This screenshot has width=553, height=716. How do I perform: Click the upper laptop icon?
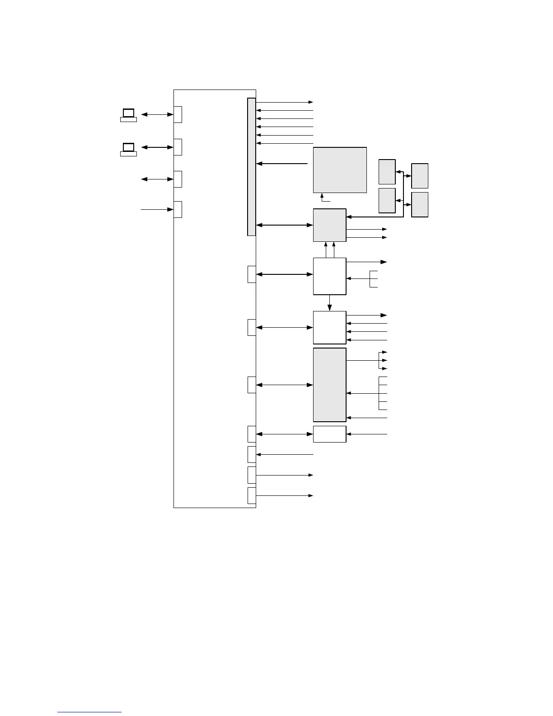[x=129, y=115]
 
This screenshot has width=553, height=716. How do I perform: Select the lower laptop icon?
[x=129, y=149]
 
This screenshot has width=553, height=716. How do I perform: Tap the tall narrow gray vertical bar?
[x=252, y=167]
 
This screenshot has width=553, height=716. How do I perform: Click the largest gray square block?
[x=340, y=170]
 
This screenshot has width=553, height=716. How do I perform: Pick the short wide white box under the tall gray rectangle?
[x=330, y=434]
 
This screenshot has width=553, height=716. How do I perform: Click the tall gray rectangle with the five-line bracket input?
[x=330, y=385]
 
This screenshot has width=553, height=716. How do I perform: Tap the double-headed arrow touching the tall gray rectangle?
[x=285, y=385]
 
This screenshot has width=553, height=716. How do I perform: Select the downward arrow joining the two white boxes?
[x=330, y=303]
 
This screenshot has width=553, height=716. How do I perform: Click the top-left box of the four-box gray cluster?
[x=387, y=172]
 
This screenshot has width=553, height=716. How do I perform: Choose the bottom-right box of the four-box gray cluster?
[x=420, y=205]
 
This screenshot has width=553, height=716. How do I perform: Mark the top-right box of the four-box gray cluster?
[x=420, y=176]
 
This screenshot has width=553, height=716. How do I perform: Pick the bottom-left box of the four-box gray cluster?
[x=387, y=201]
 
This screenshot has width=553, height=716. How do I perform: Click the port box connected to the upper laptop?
[x=178, y=114]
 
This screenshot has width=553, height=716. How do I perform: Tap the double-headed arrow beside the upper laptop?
[x=157, y=115]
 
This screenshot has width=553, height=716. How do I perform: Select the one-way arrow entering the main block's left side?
[x=157, y=209]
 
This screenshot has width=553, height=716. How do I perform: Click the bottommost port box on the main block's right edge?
[x=252, y=495]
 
